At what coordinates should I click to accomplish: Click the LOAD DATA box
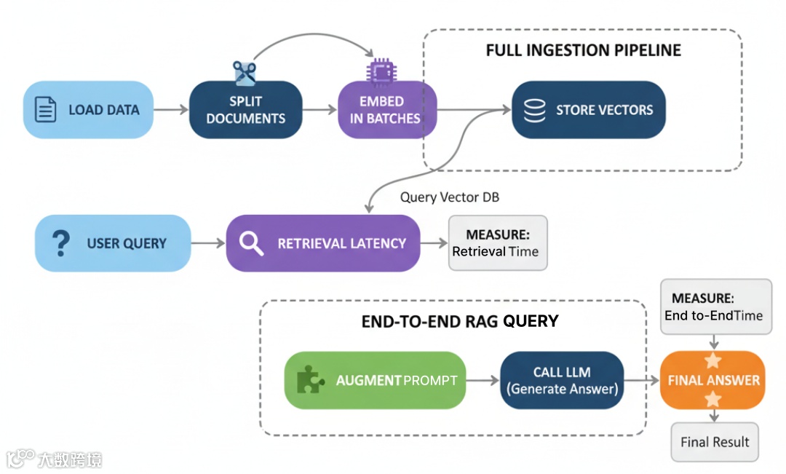coord(89,110)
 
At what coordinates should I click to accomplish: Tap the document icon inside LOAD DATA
coord(46,110)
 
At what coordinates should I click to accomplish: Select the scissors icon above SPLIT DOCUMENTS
coord(245,72)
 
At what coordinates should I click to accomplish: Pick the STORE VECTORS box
coord(588,110)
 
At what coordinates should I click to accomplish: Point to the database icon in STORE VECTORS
coord(535,110)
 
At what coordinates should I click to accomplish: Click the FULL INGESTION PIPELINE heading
coord(583,51)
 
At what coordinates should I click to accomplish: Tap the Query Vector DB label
coord(450,197)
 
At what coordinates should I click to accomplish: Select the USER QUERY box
coord(113,243)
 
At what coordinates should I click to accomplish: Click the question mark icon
coord(62,243)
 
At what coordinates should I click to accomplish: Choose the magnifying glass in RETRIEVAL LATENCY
coord(251,244)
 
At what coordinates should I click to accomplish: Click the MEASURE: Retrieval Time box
coord(497,243)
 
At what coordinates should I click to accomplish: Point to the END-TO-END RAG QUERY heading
coord(460,321)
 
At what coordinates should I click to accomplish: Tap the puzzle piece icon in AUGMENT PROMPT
coord(311,380)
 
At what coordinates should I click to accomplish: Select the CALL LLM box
coord(562,380)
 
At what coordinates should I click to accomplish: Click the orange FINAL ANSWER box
coord(712,380)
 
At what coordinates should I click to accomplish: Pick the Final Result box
coord(714,442)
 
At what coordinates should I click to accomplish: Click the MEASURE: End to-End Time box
coord(715,307)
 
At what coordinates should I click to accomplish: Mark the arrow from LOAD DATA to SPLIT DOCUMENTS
coord(171,110)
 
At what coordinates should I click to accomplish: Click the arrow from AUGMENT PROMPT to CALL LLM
coord(482,380)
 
